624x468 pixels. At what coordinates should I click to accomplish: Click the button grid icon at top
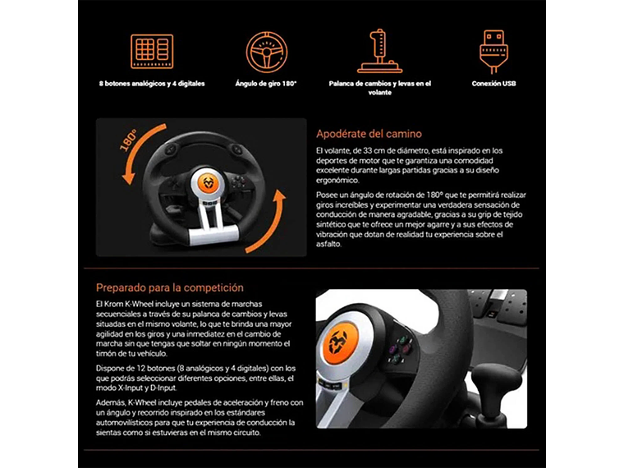[x=152, y=52]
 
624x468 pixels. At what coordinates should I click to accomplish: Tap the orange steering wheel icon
[x=267, y=52]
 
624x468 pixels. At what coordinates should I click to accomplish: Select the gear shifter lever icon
[x=379, y=52]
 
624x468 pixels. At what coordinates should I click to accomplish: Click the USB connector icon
[x=493, y=52]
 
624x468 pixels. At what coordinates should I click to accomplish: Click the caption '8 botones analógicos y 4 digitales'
[x=152, y=84]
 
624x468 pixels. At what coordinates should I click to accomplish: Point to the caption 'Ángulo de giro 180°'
[x=266, y=84]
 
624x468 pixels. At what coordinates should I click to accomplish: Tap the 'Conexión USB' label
[x=493, y=84]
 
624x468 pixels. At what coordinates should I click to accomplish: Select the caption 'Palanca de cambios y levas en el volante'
[x=379, y=88]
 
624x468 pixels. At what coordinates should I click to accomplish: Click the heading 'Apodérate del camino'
[x=369, y=134]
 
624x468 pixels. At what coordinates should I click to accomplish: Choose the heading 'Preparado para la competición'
[x=170, y=288]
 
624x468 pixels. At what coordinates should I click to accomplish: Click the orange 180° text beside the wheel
[x=129, y=140]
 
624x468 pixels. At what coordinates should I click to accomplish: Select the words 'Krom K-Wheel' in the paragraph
[x=131, y=305]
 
